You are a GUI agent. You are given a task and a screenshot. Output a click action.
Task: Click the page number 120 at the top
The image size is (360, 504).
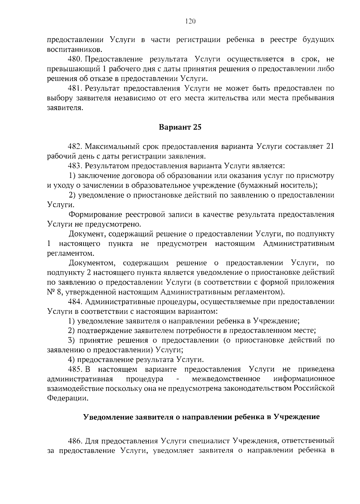tap(190, 21)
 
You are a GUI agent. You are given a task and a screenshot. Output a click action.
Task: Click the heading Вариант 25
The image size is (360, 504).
tap(180, 127)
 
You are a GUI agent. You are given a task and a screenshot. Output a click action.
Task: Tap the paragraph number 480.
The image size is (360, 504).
tap(75, 59)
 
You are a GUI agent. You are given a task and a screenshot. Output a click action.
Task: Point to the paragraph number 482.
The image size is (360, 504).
tap(75, 146)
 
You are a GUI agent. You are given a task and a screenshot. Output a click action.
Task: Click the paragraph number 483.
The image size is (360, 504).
tap(75, 166)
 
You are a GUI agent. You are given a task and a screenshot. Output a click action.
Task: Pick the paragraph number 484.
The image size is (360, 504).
tap(75, 301)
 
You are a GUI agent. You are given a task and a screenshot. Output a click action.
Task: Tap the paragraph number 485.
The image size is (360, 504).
tap(75, 369)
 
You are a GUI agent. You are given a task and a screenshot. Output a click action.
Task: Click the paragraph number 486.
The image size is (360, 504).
tap(75, 441)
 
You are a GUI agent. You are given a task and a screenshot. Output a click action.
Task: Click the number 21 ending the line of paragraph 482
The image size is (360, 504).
tap(330, 146)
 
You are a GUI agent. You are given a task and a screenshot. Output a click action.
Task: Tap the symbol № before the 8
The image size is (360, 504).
tap(50, 292)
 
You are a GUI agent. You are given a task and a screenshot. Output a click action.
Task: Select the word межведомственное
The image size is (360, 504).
tap(226, 379)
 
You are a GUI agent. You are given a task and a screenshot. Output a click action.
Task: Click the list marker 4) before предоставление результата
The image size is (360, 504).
tap(72, 360)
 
